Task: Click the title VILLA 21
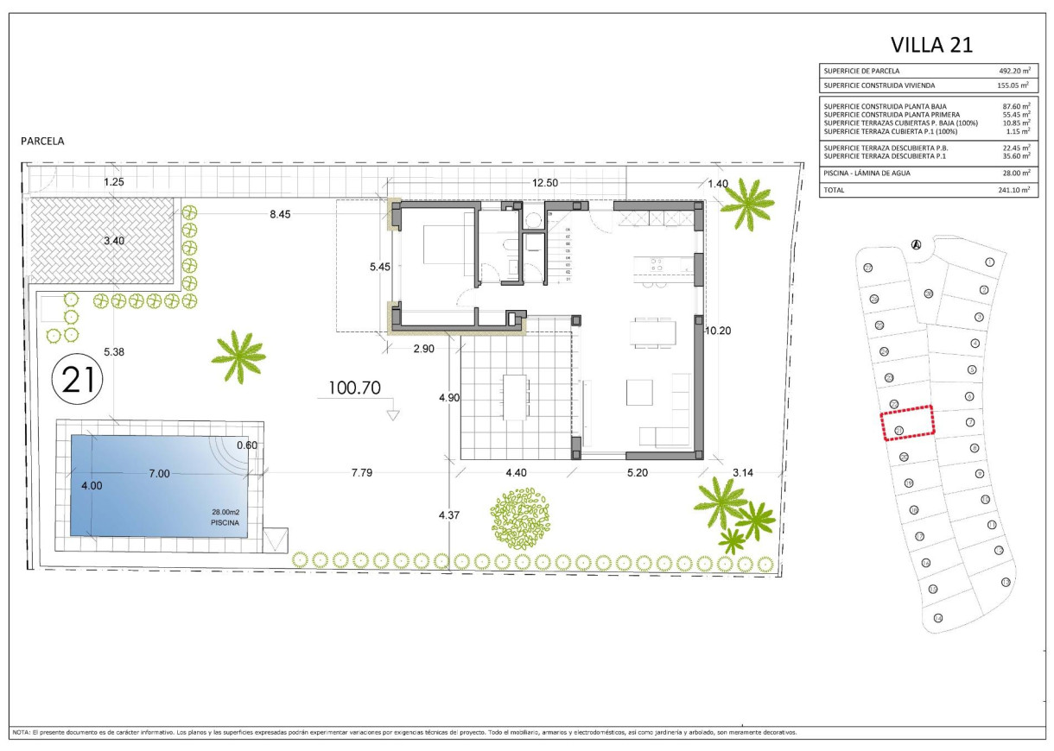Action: pyautogui.click(x=931, y=45)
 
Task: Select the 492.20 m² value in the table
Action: pyautogui.click(x=1013, y=71)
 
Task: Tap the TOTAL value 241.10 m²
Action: pyautogui.click(x=1013, y=189)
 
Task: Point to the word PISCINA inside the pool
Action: pyautogui.click(x=222, y=522)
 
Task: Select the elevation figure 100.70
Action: pyautogui.click(x=354, y=388)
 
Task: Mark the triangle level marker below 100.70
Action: pyautogui.click(x=394, y=414)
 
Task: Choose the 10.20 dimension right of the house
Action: pyautogui.click(x=719, y=330)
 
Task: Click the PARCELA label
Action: pyautogui.click(x=43, y=140)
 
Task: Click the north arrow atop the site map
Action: pyautogui.click(x=916, y=244)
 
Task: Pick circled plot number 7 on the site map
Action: pyautogui.click(x=970, y=422)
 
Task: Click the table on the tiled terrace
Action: pyautogui.click(x=516, y=396)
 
